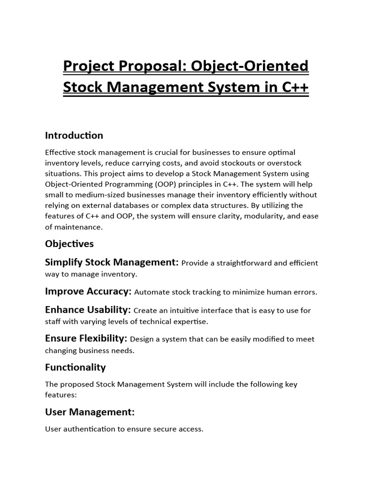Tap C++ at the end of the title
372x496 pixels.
(x=292, y=89)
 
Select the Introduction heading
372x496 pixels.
(x=74, y=135)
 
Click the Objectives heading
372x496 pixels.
(x=69, y=243)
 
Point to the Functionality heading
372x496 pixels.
(x=75, y=367)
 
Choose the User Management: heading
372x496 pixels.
(x=90, y=412)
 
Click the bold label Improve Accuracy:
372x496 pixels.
(x=88, y=292)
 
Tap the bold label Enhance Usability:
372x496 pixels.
(x=88, y=310)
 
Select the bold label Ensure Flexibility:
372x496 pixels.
(x=86, y=339)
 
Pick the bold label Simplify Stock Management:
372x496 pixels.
(x=112, y=263)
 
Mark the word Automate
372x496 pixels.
(x=152, y=292)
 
